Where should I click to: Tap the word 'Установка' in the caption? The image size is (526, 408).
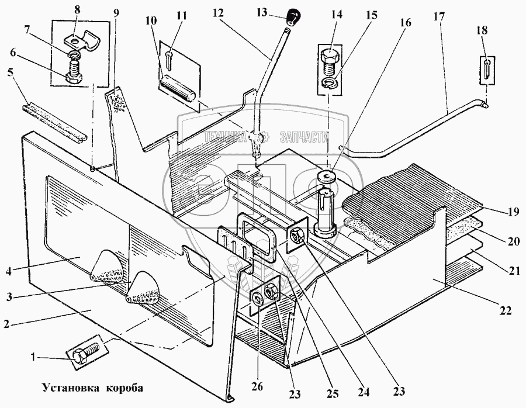click(68, 388)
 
